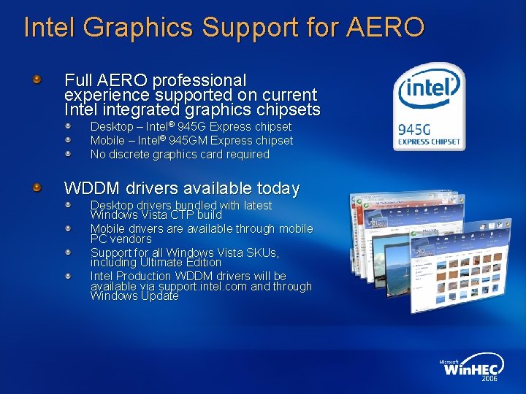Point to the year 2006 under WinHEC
489,379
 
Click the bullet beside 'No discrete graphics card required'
67,154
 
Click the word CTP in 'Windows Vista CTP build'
186,215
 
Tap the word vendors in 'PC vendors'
131,239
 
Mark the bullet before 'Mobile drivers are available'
67,228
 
